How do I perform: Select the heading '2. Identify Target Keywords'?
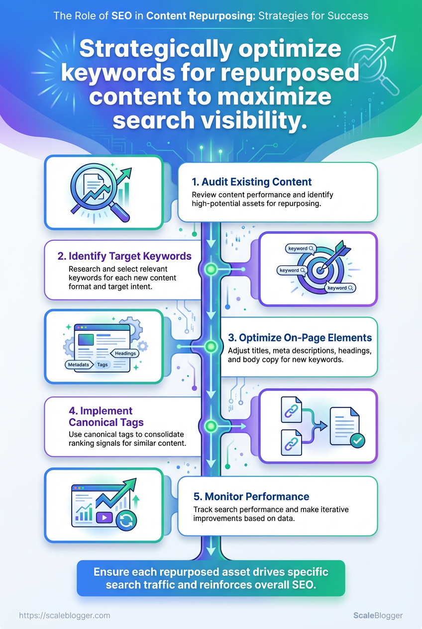point(124,256)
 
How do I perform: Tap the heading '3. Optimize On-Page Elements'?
point(300,337)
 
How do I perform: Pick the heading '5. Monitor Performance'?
point(251,496)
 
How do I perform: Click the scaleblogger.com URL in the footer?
point(64,616)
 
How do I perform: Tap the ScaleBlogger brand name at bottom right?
point(378,616)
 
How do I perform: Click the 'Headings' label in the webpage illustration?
point(125,353)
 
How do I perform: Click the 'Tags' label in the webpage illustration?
point(103,365)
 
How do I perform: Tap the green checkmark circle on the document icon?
point(357,440)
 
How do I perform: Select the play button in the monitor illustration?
point(104,518)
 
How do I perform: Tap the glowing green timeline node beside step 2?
point(210,269)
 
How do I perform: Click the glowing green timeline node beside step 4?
point(210,426)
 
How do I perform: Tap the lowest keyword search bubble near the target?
point(340,288)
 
